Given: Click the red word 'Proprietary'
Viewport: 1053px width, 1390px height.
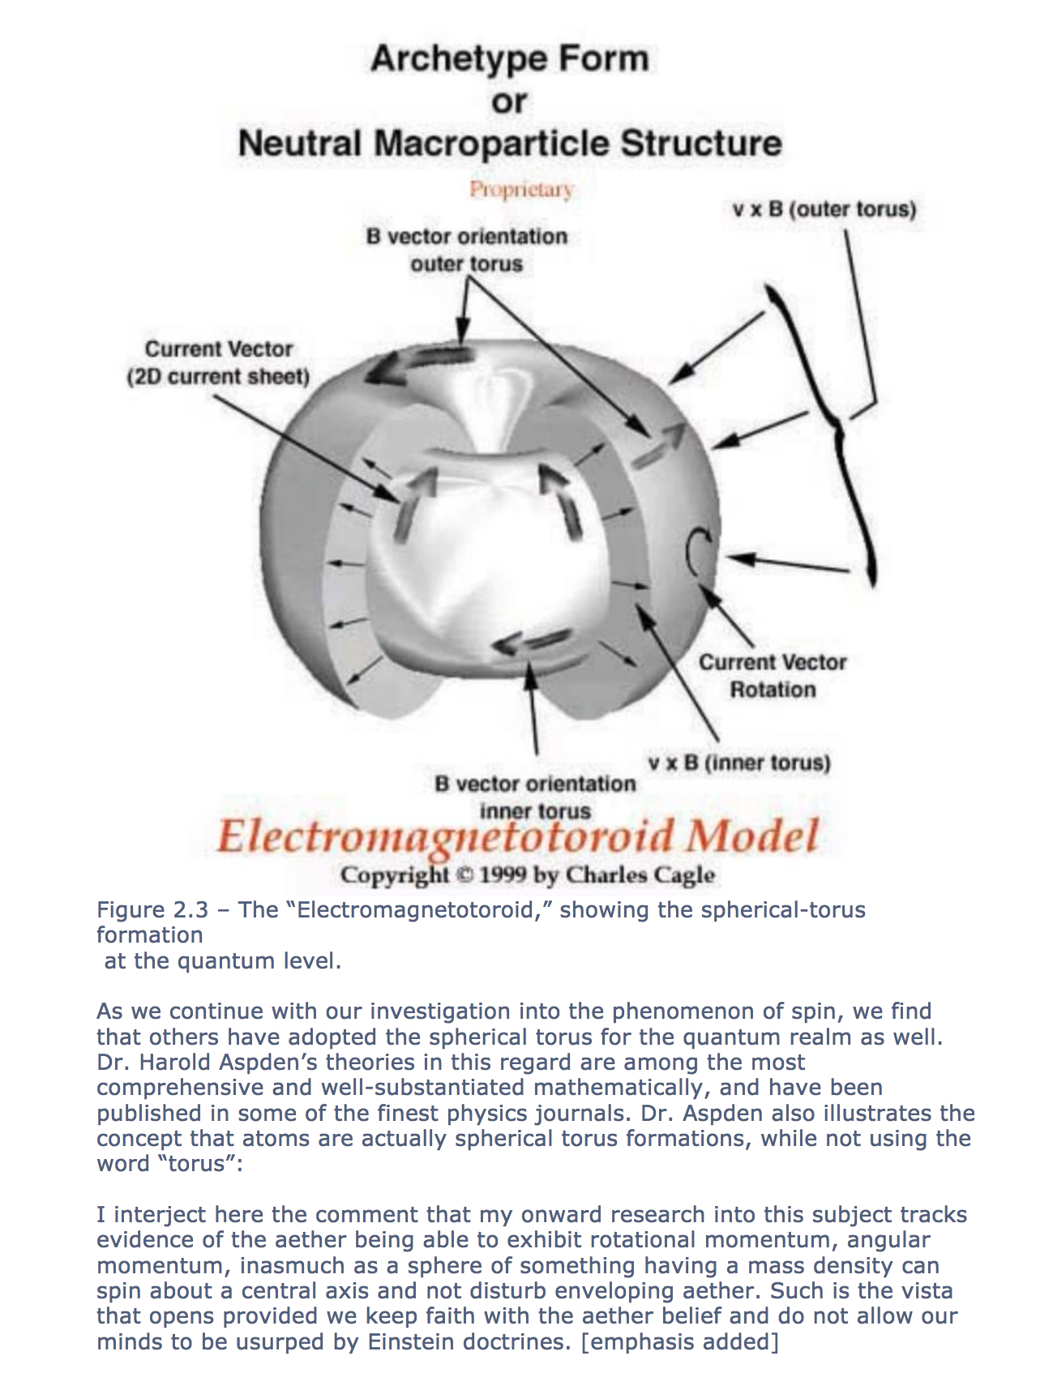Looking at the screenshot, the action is point(521,190).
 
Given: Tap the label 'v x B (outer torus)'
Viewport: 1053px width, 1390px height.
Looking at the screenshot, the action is point(824,209).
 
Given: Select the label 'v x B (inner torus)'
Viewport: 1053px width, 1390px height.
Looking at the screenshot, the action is point(739,763).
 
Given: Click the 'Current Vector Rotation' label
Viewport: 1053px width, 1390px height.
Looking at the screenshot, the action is point(773,676).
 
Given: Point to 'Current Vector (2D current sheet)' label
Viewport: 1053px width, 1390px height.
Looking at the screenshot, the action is point(218,362).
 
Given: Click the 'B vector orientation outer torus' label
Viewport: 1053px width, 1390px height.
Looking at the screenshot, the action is point(466,250).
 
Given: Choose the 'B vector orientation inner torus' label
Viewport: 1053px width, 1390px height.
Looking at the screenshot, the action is point(535,797).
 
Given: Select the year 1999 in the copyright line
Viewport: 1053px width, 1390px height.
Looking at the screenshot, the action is point(503,875).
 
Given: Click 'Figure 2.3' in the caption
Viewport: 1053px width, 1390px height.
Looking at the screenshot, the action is point(152,910).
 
